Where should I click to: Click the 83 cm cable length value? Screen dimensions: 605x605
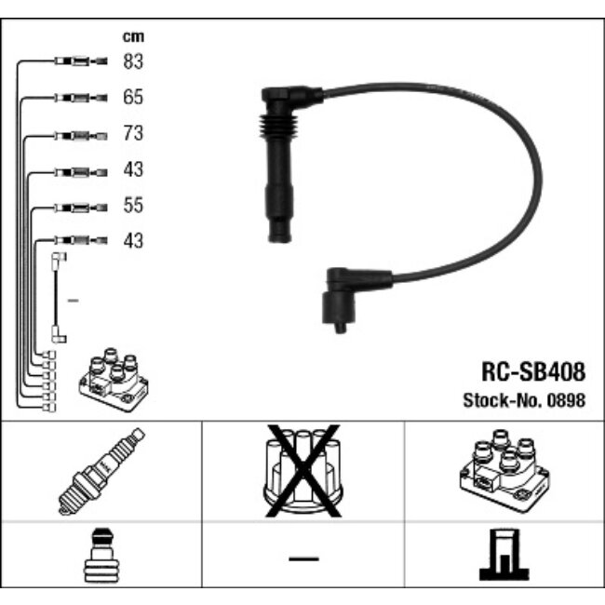[x=133, y=61]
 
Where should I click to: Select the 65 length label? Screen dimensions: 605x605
[x=133, y=97]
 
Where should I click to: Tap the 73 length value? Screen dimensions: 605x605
[x=133, y=133]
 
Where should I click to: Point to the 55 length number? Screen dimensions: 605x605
[x=133, y=206]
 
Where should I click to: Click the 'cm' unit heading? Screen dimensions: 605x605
[x=133, y=36]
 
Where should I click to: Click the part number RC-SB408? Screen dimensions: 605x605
[x=533, y=371]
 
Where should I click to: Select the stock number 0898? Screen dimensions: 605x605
[x=567, y=400]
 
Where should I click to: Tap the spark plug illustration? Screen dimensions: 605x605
[x=101, y=471]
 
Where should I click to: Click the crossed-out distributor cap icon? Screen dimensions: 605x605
[x=302, y=471]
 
